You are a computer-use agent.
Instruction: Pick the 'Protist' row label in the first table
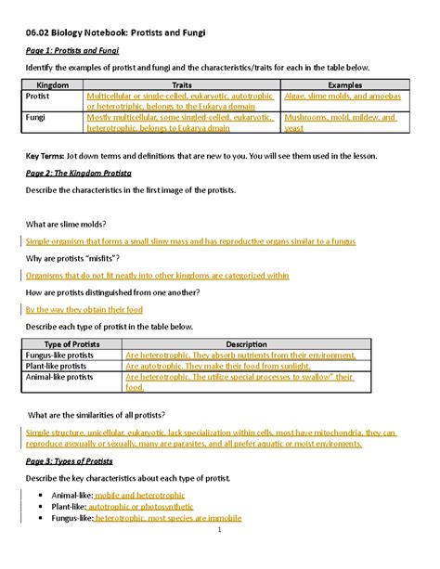tap(38, 96)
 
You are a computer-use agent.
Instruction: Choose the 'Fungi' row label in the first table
tap(36, 119)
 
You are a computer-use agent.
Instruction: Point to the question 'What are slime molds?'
tap(66, 224)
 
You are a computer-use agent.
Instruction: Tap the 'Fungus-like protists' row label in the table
tap(63, 355)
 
